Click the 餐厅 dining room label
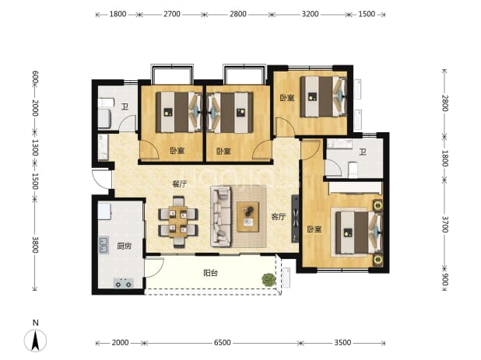[x=180, y=184]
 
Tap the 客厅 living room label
[x=279, y=217]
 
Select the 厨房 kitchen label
[x=125, y=246]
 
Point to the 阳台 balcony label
[x=211, y=273]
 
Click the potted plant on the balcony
[x=269, y=280]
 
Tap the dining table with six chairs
[x=178, y=222]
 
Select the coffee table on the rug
[x=248, y=217]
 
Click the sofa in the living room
[x=220, y=216]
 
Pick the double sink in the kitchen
[x=104, y=246]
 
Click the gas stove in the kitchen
[x=123, y=283]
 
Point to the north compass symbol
[x=36, y=337]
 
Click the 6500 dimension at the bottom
[x=222, y=343]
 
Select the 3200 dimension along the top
[x=310, y=14]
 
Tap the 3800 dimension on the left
[x=35, y=244]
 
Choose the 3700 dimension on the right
[x=445, y=224]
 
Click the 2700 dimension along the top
[x=172, y=14]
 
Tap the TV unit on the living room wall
[x=295, y=218]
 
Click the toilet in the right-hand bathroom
[x=353, y=170]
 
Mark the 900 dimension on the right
[x=445, y=279]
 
